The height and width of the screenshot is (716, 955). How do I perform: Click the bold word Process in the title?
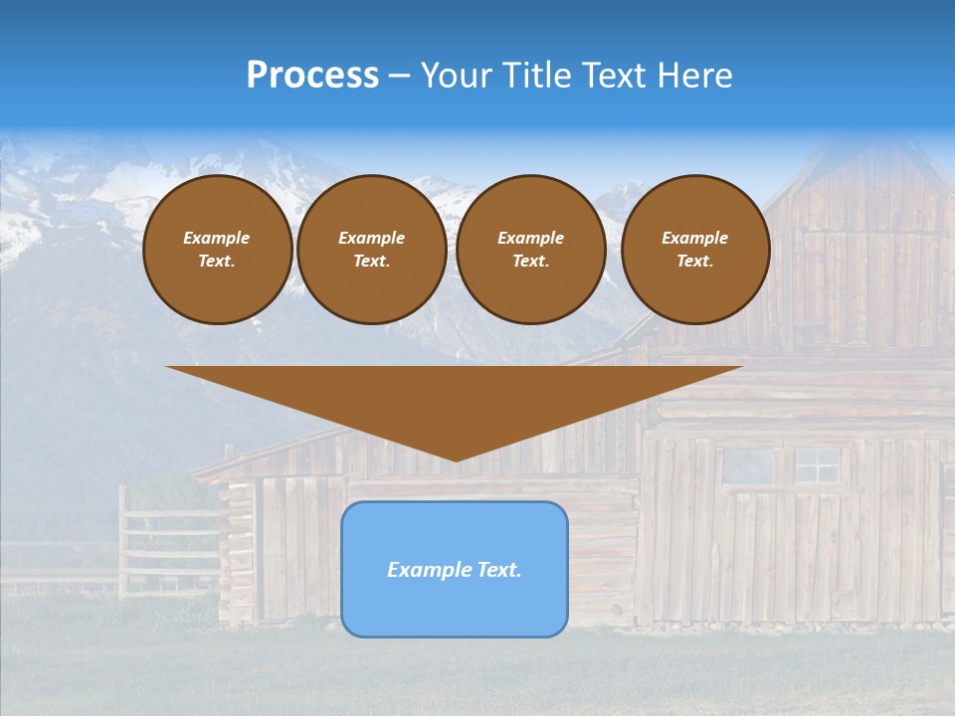[x=312, y=75]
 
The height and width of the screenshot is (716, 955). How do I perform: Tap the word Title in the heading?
[x=535, y=75]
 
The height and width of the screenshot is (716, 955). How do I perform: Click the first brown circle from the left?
[x=217, y=250]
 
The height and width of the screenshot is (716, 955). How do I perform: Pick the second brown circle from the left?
[x=371, y=250]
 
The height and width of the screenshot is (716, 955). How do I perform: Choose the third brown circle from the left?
[x=530, y=250]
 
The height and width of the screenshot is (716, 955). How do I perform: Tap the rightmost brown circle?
[x=694, y=250]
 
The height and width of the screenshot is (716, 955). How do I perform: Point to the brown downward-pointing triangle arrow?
[x=454, y=398]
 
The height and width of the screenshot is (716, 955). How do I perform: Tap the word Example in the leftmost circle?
[x=217, y=238]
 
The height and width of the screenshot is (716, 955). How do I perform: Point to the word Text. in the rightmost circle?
[x=694, y=262]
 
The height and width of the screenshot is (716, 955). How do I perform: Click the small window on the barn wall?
[x=817, y=464]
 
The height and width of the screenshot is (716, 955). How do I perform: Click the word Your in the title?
[x=454, y=75]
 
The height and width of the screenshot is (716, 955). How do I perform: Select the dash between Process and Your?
[x=399, y=76]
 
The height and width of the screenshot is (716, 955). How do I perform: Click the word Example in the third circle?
[x=530, y=238]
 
